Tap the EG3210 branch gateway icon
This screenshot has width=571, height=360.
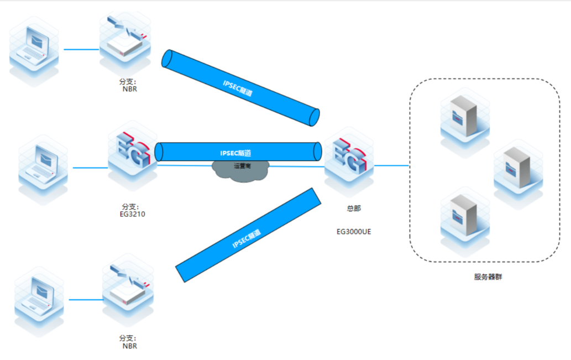133,154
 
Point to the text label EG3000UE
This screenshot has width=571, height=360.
354,232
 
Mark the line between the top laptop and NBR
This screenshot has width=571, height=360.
81,49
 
